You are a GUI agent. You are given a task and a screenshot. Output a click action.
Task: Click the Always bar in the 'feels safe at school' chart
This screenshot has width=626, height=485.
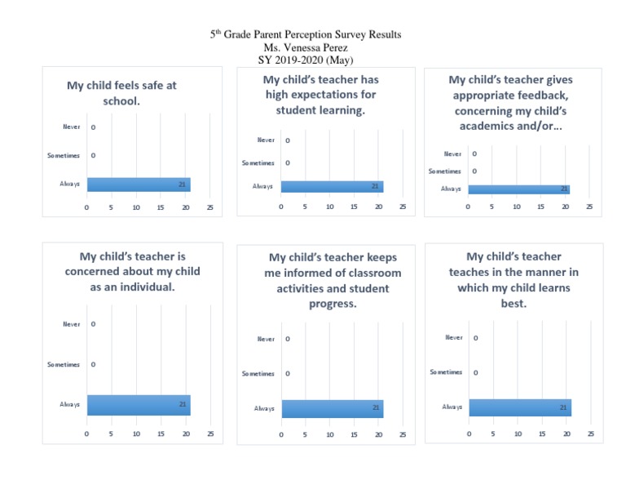[139, 185]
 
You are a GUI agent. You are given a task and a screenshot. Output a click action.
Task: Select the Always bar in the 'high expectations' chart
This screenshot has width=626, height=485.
[332, 187]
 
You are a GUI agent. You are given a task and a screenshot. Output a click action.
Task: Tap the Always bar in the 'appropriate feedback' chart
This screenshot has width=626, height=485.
[518, 189]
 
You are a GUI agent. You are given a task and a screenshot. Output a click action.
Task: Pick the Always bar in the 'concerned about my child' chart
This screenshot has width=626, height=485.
[139, 405]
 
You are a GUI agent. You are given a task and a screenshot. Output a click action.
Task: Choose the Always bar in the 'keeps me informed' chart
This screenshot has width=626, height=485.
[332, 408]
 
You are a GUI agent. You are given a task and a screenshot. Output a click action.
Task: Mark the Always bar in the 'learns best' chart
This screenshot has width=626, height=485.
[519, 407]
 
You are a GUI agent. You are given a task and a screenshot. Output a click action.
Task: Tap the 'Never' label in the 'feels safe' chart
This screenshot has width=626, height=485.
[72, 127]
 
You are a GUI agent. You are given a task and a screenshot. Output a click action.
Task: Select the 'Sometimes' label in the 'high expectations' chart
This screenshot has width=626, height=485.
[258, 163]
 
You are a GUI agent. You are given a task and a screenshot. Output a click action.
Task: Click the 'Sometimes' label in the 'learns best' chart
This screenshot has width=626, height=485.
[446, 372]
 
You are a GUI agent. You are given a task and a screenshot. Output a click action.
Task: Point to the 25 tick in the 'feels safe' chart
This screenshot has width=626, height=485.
[210, 207]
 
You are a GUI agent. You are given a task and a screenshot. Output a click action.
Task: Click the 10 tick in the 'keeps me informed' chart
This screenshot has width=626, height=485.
[330, 434]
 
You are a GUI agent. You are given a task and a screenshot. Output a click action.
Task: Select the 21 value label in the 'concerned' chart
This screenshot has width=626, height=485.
[183, 404]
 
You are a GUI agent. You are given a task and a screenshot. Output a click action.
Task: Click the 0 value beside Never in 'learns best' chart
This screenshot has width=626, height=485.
[476, 338]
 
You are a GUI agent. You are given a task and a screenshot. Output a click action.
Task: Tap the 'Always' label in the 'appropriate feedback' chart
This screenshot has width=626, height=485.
[451, 189]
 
